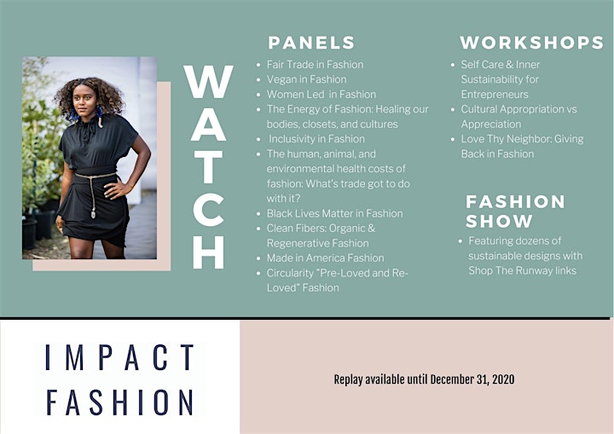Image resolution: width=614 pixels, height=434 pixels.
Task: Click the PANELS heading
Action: tap(311, 43)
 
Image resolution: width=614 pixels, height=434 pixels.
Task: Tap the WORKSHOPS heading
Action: tap(532, 43)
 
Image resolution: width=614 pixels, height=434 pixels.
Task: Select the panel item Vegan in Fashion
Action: tap(307, 79)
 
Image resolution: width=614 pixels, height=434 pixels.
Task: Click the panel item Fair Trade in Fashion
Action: tap(316, 65)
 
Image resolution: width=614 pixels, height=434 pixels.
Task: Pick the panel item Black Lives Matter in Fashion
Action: tap(335, 213)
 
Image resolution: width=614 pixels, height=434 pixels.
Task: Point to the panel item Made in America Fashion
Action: tap(326, 258)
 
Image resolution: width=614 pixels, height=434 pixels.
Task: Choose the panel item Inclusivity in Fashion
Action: tap(316, 139)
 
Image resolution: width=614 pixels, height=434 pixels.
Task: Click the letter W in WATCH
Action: tap(208, 82)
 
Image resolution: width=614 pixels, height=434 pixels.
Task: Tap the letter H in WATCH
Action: tap(208, 252)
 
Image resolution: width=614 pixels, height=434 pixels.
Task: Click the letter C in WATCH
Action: tap(208, 210)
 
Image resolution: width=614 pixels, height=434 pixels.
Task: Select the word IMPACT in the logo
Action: tap(119, 357)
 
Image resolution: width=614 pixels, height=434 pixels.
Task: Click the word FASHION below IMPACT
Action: tap(119, 402)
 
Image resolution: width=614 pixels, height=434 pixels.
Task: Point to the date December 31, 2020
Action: tap(472, 379)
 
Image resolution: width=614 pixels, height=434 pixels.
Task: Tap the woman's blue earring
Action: tap(72, 115)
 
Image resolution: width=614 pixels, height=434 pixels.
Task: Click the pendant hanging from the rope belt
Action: tap(93, 214)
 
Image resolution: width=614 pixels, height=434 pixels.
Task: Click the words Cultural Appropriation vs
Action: tap(518, 109)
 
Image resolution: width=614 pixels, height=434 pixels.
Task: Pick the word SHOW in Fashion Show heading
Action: tap(499, 222)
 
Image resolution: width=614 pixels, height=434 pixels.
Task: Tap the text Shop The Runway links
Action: tap(523, 270)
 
